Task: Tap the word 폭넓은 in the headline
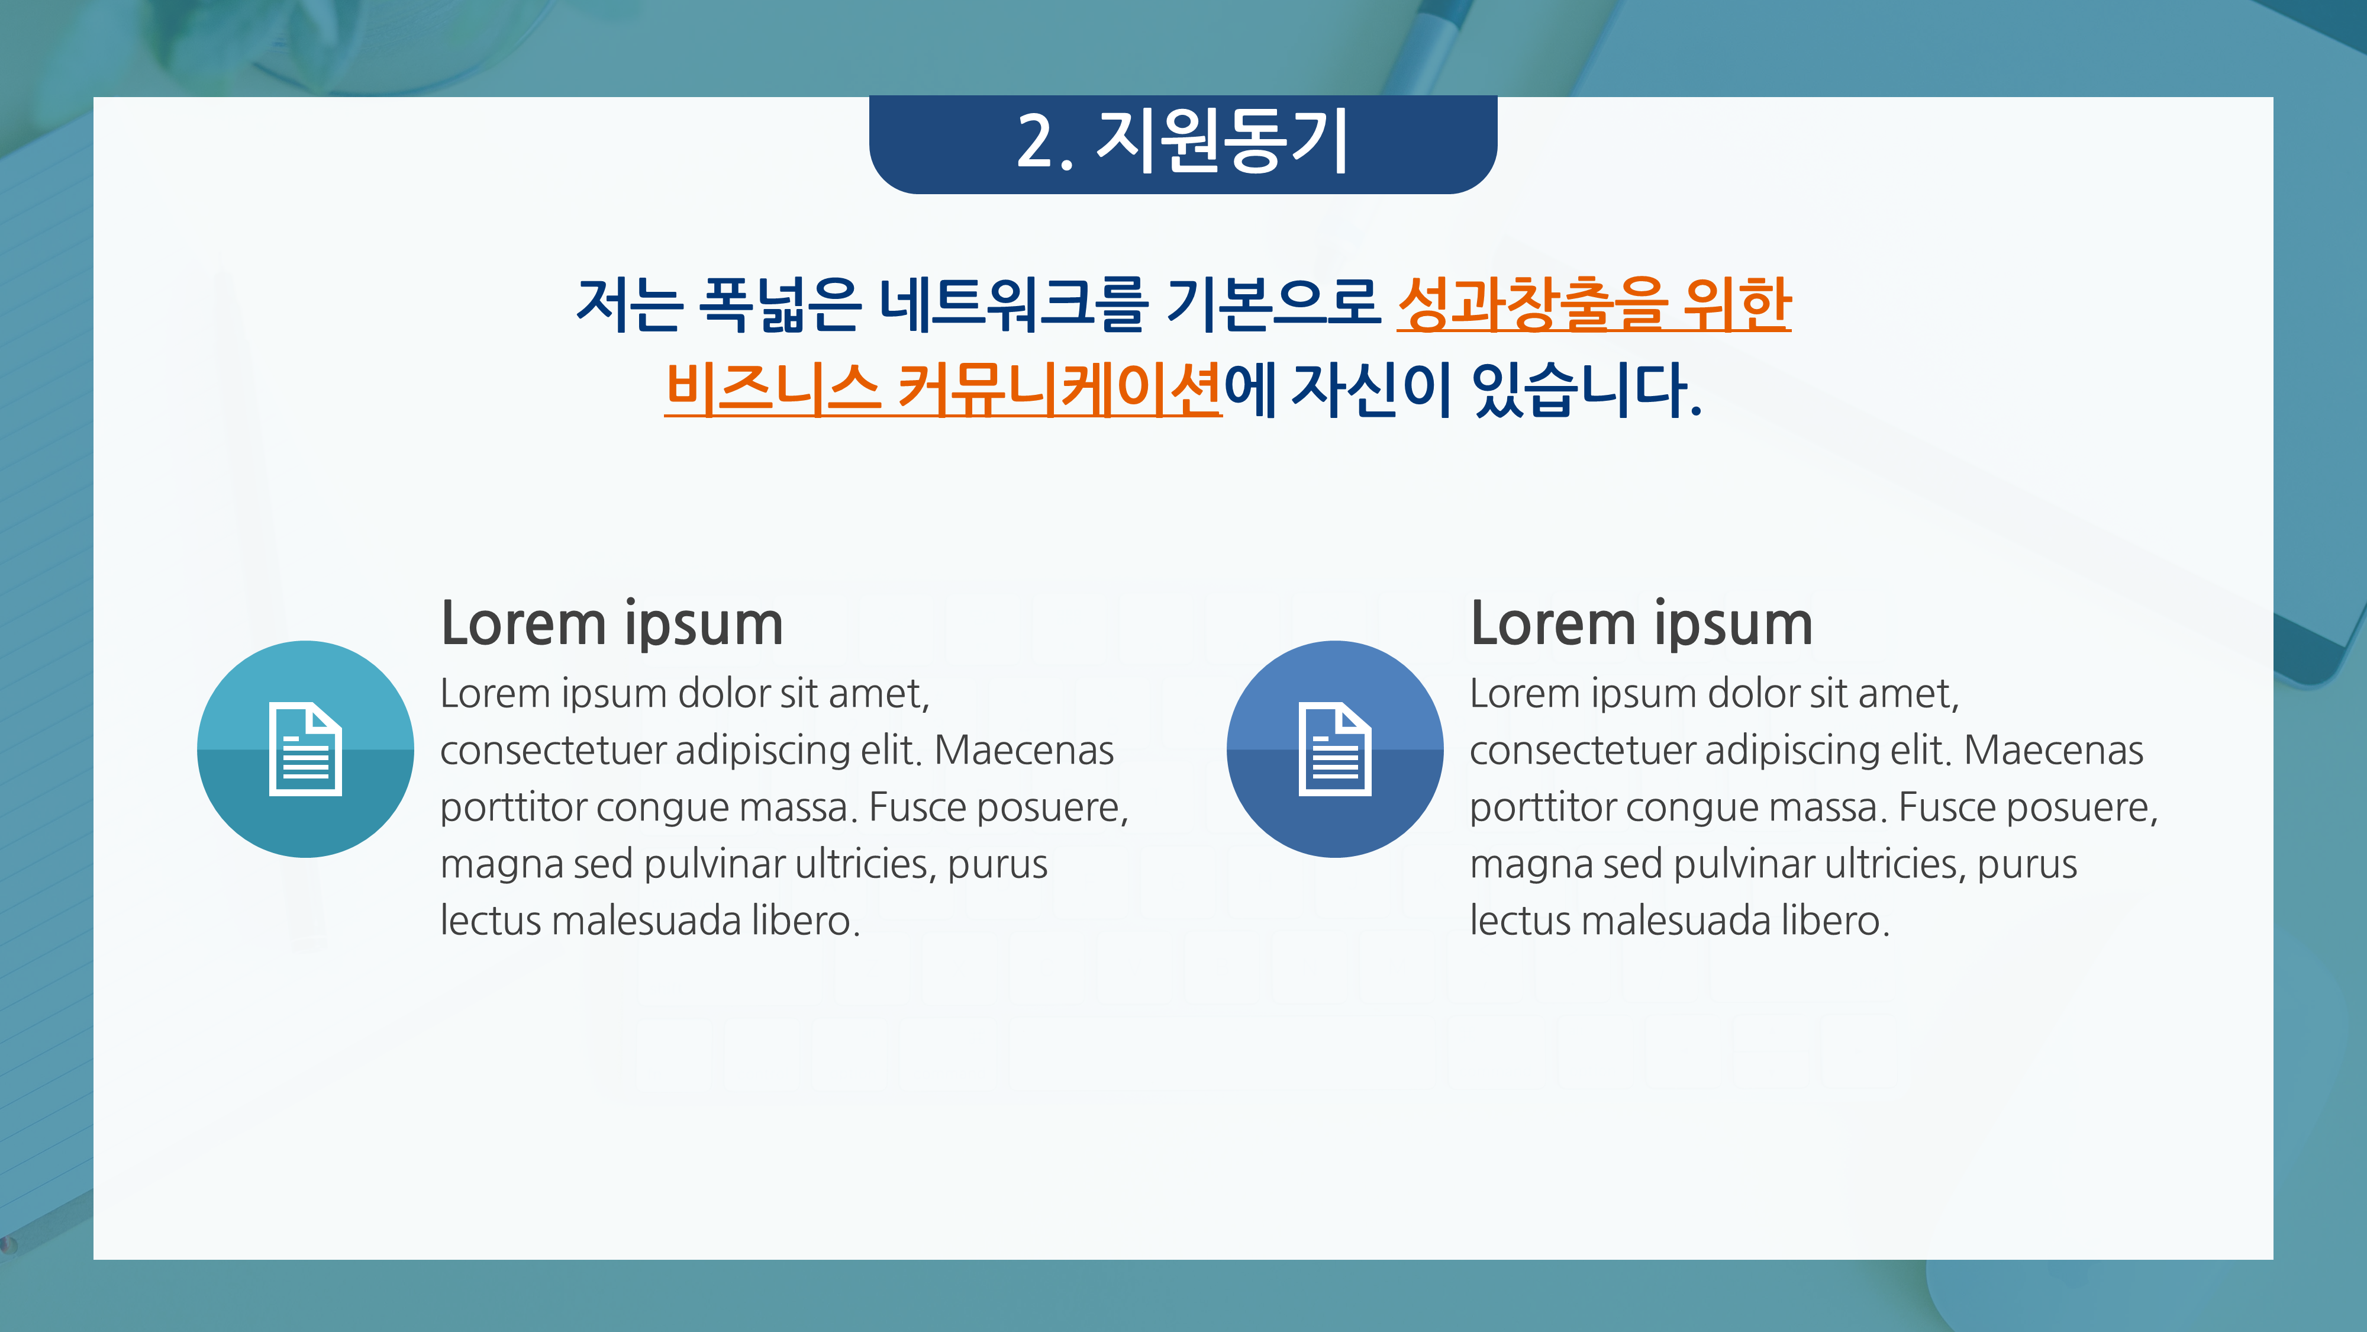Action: tap(779, 303)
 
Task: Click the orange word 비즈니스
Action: tap(772, 388)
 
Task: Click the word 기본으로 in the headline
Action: tap(1273, 303)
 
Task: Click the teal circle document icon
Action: tap(305, 749)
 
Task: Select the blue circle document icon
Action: tap(1334, 749)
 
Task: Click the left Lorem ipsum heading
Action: tap(612, 624)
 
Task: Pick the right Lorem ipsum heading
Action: tap(1641, 624)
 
